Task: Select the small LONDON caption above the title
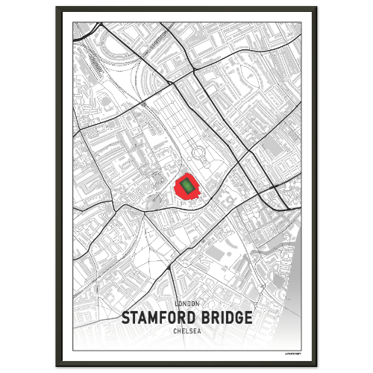coord(186,304)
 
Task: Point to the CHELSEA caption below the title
coord(186,330)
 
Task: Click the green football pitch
coord(186,186)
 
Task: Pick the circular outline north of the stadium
coord(200,154)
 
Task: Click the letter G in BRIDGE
coord(237,317)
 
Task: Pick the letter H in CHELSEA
coord(178,330)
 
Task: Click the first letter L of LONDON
coord(175,304)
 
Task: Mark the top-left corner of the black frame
coord(57,8)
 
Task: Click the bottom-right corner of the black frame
coord(316,365)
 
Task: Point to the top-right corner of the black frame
coord(316,8)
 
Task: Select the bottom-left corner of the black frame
coord(57,365)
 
